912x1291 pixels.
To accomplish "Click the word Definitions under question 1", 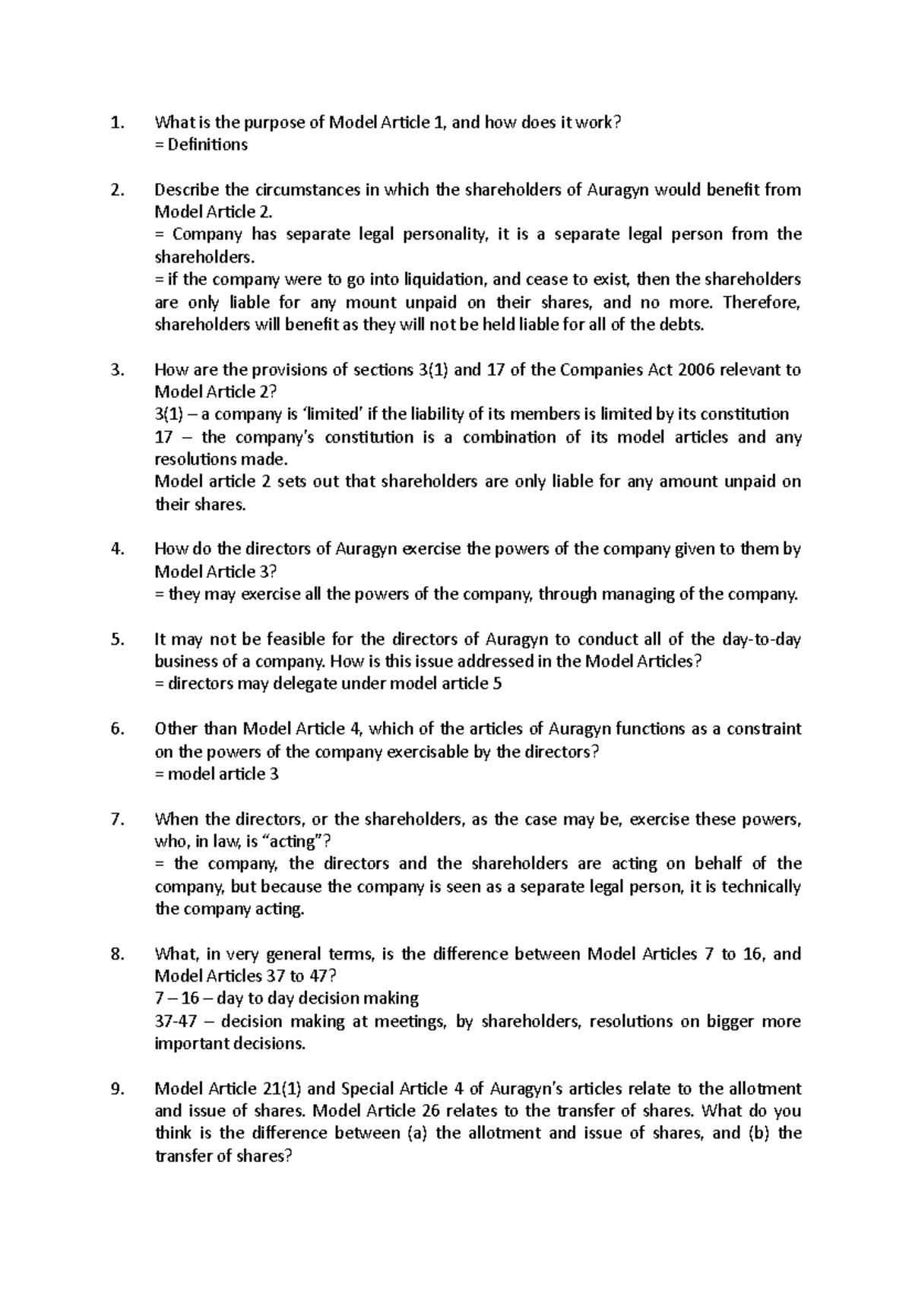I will coord(207,144).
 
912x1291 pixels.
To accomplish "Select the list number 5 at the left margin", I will coord(116,639).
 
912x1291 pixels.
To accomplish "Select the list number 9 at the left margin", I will coord(116,1088).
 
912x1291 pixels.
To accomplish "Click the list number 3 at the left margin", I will coord(116,370).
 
